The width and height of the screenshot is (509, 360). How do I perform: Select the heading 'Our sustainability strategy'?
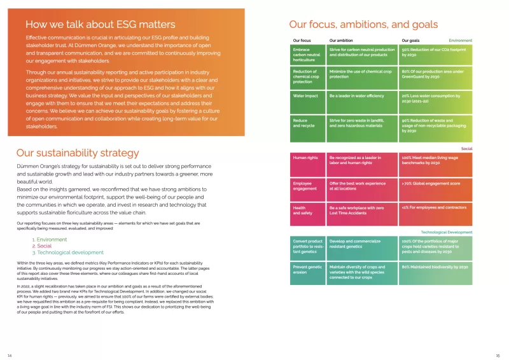point(77,153)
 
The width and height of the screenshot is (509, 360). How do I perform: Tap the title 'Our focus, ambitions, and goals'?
point(363,25)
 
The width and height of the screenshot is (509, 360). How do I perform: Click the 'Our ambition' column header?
point(342,40)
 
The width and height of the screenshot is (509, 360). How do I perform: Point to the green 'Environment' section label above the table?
point(461,40)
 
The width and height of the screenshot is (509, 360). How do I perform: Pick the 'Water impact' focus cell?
point(305,96)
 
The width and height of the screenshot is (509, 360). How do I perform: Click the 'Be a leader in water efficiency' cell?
point(357,96)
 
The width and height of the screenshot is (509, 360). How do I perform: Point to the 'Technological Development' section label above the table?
point(447,233)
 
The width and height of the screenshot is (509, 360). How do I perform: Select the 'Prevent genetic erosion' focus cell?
point(307,270)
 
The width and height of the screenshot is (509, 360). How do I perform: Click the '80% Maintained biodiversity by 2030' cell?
point(435,267)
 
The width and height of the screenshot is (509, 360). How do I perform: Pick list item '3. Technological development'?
point(67,253)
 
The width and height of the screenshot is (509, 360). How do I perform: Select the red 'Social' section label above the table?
point(466,148)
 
